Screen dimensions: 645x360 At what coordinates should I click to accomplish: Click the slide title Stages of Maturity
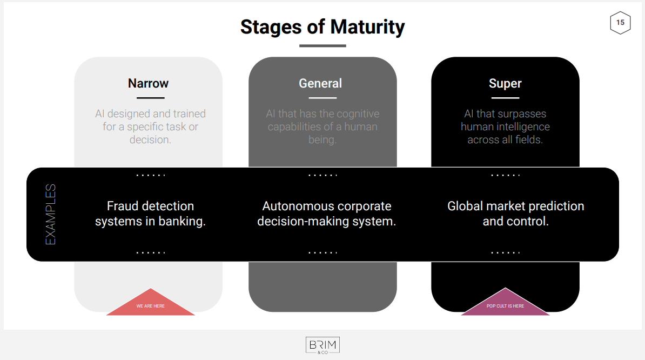pos(322,27)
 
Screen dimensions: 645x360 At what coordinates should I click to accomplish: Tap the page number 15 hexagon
pos(620,23)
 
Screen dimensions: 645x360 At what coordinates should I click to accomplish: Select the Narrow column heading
pos(148,83)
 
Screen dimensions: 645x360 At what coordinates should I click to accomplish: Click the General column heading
pos(320,83)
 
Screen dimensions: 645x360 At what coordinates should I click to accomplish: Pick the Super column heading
pos(505,84)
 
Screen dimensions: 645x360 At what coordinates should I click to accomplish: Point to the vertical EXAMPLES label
pos(50,214)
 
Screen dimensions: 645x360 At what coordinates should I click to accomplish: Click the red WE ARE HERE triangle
pos(151,302)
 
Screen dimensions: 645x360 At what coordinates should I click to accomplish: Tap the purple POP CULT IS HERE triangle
pos(505,302)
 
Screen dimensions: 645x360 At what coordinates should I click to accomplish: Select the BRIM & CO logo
pos(322,345)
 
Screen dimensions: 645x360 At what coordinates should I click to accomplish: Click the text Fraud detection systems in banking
pos(150,214)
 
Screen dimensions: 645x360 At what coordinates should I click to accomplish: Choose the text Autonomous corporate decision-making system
pos(327,214)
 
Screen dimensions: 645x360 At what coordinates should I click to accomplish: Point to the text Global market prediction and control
pos(516,214)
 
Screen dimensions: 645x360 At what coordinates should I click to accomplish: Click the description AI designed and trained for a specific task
pos(150,126)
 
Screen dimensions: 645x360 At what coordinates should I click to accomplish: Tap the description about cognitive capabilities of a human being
pos(322,126)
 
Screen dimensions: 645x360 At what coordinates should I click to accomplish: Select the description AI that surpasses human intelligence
pos(505,126)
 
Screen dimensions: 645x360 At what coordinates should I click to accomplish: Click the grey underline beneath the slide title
pos(322,45)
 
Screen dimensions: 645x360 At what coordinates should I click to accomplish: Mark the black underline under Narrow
pos(151,98)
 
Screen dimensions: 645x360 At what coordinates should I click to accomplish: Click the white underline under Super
pos(505,98)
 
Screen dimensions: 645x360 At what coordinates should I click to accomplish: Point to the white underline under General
pos(322,98)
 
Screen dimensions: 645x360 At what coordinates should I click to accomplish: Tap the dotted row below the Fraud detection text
pos(151,252)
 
